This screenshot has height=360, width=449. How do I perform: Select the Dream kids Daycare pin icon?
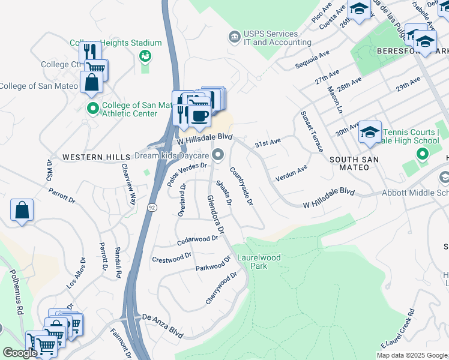[218, 155]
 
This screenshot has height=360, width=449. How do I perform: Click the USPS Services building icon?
[235, 38]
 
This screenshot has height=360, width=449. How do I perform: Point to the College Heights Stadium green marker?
[144, 56]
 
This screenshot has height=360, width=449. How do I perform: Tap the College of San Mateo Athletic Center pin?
[92, 109]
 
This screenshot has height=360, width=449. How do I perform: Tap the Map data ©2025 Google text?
[411, 355]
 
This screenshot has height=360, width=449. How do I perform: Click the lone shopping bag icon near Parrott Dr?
[22, 210]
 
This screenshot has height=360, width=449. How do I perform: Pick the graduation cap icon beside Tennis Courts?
[370, 132]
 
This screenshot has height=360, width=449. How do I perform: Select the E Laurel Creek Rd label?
[397, 329]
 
